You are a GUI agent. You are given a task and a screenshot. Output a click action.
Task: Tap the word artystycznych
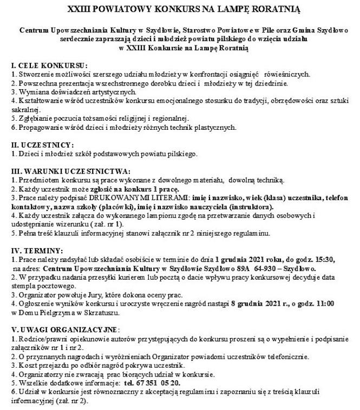click(x=110, y=91)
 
